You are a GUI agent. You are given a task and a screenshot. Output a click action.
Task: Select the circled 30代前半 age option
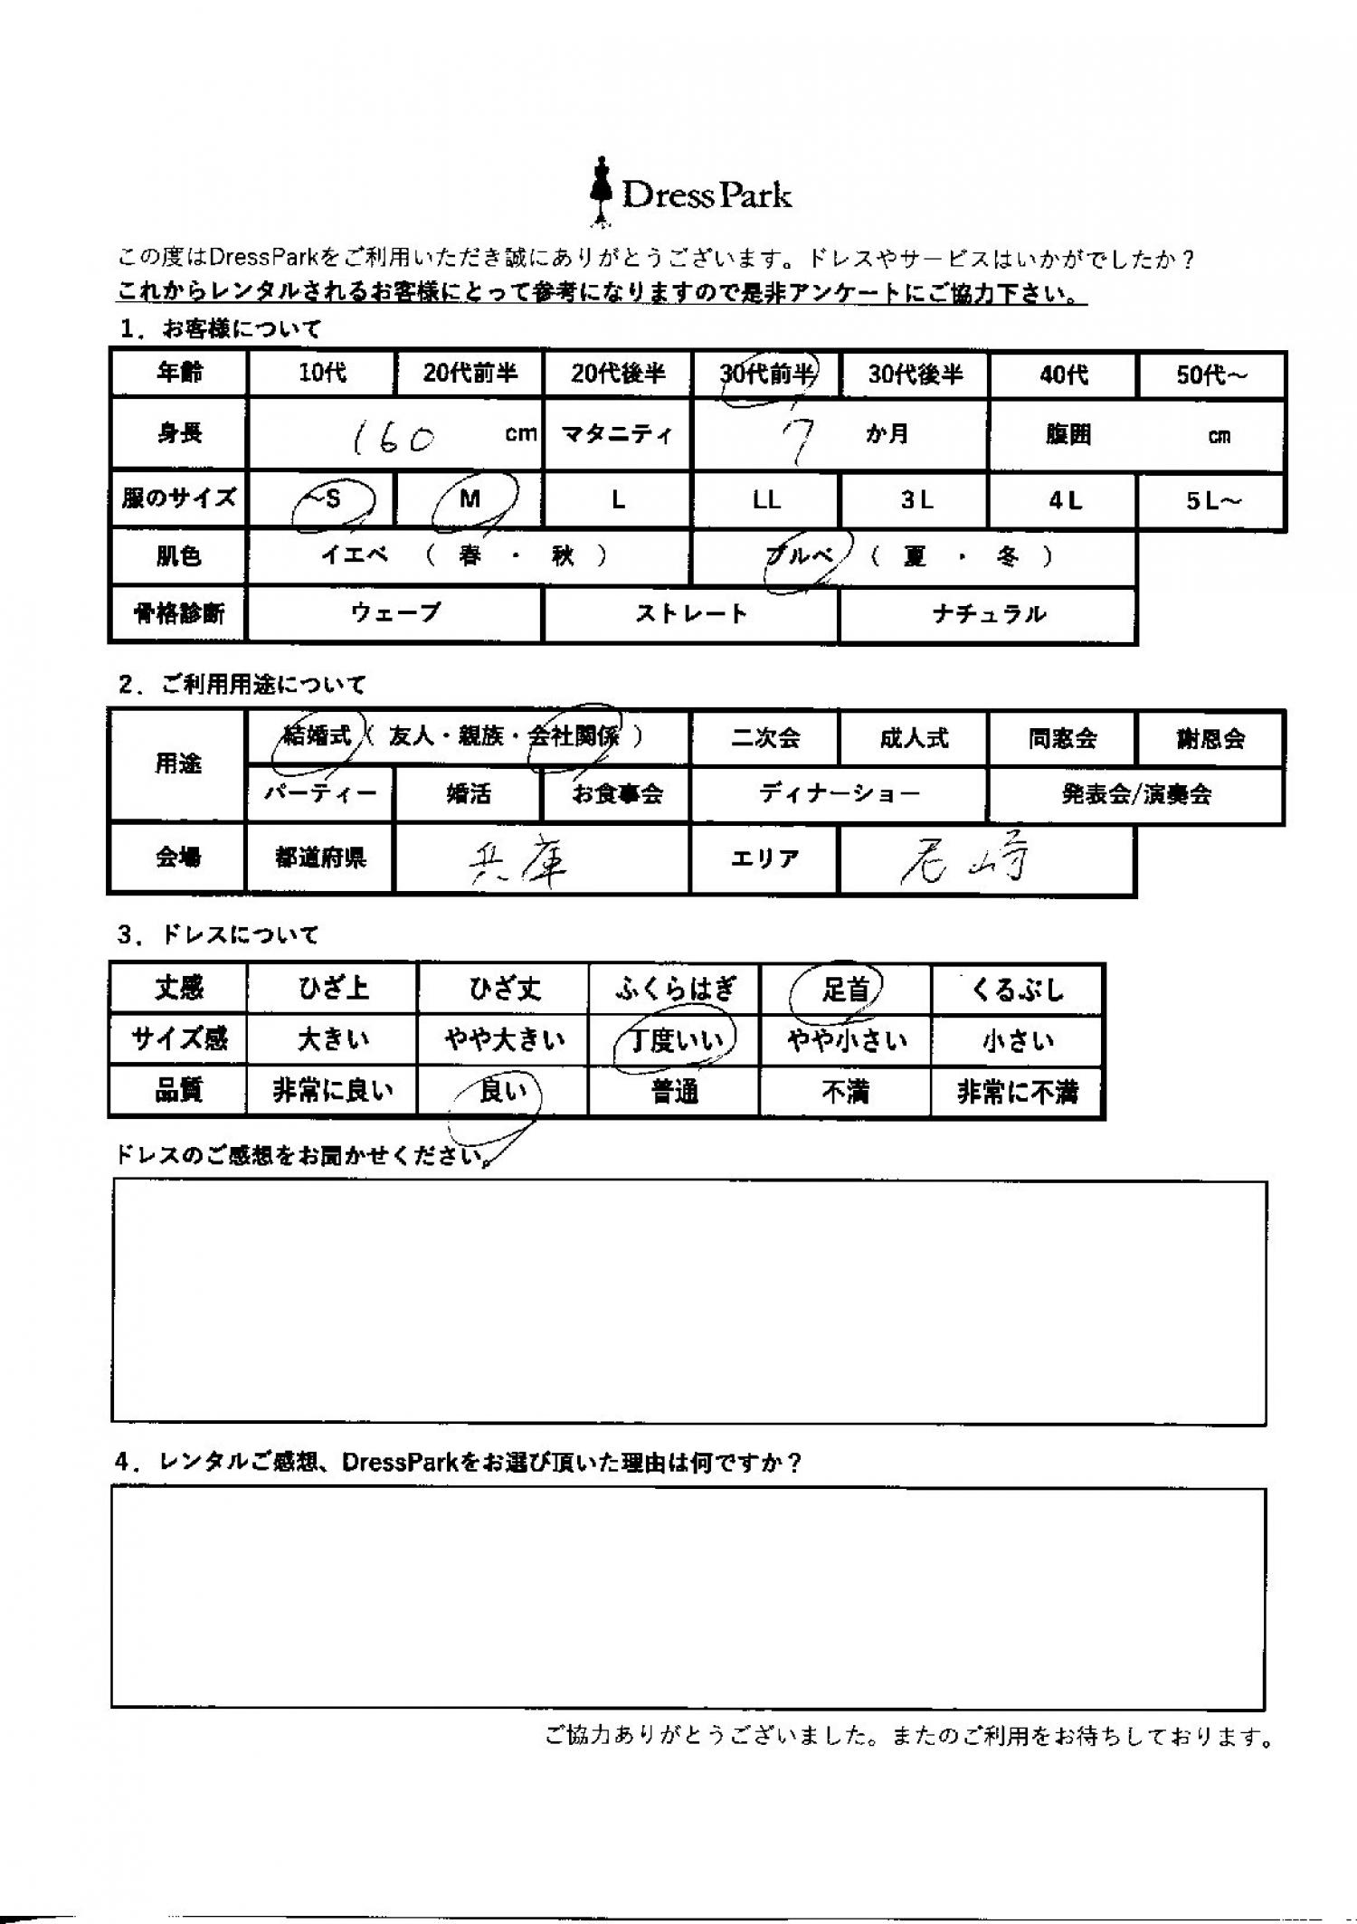767,374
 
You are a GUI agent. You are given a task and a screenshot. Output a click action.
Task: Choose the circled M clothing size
470,498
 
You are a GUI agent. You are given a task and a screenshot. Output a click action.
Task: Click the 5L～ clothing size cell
1210,500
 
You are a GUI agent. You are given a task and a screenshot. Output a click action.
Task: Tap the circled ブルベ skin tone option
801,557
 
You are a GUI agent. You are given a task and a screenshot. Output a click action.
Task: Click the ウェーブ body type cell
395,613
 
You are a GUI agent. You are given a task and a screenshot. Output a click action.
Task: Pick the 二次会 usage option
765,738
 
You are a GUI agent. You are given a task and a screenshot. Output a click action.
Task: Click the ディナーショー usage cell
839,794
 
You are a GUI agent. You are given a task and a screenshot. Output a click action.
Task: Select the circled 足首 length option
844,990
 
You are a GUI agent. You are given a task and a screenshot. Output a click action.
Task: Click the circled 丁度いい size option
676,1041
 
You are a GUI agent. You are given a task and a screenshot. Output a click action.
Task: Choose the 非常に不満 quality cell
1017,1093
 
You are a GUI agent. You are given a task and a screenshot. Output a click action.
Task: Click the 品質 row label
178,1092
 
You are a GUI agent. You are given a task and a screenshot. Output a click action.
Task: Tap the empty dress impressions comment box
688,1303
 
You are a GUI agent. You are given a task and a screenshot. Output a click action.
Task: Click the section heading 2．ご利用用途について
242,685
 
